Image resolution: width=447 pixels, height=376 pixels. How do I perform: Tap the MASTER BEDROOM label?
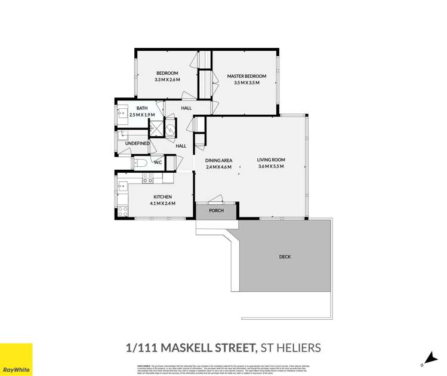(246, 76)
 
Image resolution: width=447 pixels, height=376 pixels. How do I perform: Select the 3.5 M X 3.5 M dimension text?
(246, 82)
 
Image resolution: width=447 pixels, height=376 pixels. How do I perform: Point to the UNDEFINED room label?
(137, 143)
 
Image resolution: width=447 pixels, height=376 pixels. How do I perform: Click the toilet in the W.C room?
(141, 162)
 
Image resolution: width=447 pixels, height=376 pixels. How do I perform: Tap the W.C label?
(158, 162)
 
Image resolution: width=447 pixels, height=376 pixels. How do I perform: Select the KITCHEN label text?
(162, 197)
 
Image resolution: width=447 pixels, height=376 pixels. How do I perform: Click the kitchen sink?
(123, 185)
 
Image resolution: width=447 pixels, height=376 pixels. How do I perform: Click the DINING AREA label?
(218, 160)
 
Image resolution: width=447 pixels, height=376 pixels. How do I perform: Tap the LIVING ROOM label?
(271, 160)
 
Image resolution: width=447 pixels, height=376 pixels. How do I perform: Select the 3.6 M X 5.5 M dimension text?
(271, 167)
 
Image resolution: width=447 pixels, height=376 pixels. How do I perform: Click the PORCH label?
(216, 211)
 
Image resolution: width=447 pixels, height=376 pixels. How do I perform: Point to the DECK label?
(285, 256)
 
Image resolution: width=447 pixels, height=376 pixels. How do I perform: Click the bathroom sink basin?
(122, 113)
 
